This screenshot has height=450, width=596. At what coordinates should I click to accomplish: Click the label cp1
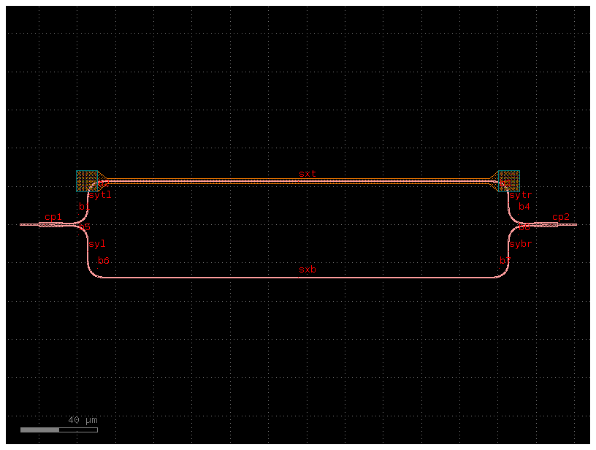pos(53,217)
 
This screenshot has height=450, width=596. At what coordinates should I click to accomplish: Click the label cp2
pos(561,217)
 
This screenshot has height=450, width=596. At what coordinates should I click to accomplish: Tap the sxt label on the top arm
pos(307,174)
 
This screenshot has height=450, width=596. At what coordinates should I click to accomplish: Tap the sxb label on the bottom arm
pos(307,270)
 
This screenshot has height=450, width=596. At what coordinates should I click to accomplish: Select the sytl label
pos(100,195)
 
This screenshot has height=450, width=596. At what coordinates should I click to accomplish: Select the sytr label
pos(521,195)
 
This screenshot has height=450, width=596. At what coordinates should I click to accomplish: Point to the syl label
pos(97,243)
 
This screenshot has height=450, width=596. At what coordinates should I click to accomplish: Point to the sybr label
pos(521,243)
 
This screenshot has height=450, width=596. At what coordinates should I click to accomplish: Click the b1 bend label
pos(85,207)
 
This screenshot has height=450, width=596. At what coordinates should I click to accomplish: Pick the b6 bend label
pos(104,261)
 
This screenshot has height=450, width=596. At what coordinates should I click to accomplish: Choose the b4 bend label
pos(524,207)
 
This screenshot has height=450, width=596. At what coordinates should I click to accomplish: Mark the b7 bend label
pos(505,261)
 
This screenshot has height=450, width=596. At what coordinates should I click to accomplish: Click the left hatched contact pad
pos(87,180)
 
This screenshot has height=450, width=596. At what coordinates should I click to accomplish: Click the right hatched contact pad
pos(509,180)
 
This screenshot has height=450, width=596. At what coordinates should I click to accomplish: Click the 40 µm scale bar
pos(58,430)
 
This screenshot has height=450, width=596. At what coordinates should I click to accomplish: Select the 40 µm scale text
pos(83,420)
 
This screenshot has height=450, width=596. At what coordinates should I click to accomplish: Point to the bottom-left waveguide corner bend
pos(92,272)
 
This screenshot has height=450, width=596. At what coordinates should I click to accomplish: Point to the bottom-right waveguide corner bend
pos(504,272)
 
